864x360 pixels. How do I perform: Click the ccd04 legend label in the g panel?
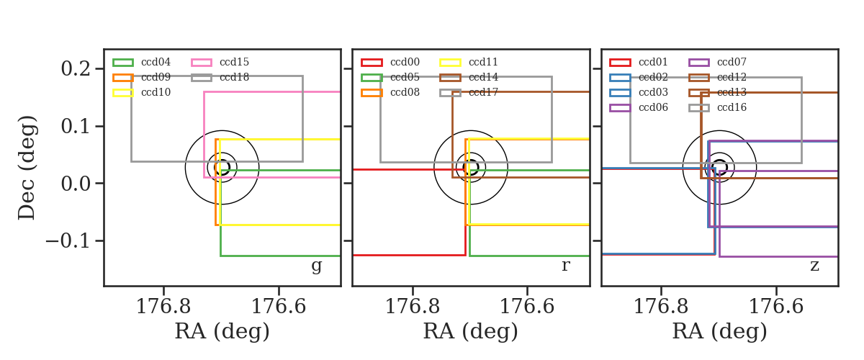(156, 62)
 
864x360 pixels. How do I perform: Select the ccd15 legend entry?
(234, 62)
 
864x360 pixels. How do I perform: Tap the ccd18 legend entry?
(234, 77)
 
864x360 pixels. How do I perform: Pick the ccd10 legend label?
(156, 92)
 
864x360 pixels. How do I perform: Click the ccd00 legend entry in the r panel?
(405, 62)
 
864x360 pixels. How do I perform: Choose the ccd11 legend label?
(483, 62)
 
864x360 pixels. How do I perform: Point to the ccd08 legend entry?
(405, 92)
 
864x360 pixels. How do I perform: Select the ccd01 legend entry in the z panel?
(653, 62)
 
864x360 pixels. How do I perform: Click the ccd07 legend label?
(732, 62)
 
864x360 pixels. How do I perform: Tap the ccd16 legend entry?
(732, 107)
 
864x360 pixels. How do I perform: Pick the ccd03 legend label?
(653, 92)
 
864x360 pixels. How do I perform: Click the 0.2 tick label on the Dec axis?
(76, 68)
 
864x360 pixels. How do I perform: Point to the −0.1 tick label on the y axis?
(68, 240)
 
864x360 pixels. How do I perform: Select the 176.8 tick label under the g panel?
(163, 307)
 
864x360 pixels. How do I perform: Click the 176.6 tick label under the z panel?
(776, 307)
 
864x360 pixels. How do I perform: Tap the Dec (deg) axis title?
(27, 168)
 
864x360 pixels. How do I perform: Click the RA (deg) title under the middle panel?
(471, 331)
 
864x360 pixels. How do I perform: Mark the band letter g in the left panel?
(316, 266)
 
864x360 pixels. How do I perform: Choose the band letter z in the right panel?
(814, 266)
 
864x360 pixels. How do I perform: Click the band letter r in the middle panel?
(565, 266)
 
